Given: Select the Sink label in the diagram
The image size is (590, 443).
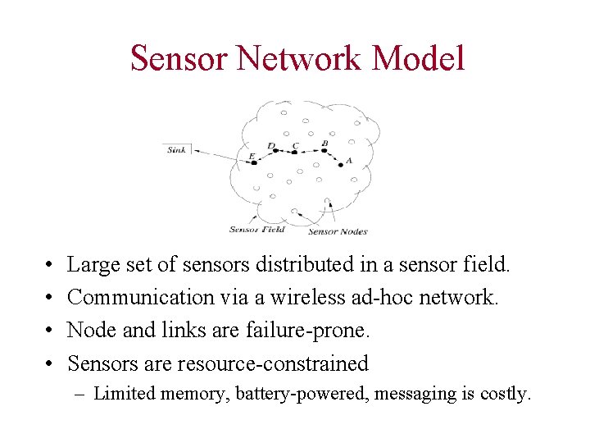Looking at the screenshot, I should point(177,149).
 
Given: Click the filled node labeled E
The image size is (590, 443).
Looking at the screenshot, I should point(254,162).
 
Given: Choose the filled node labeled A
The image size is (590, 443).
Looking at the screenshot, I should point(341,164).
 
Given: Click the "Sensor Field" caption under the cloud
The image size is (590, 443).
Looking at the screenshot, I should point(256,230).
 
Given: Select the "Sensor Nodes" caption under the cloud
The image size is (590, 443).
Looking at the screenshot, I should point(338,231).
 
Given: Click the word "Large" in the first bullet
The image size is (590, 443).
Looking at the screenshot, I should point(92,265).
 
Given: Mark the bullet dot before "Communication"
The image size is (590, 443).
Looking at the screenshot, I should point(51,298).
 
